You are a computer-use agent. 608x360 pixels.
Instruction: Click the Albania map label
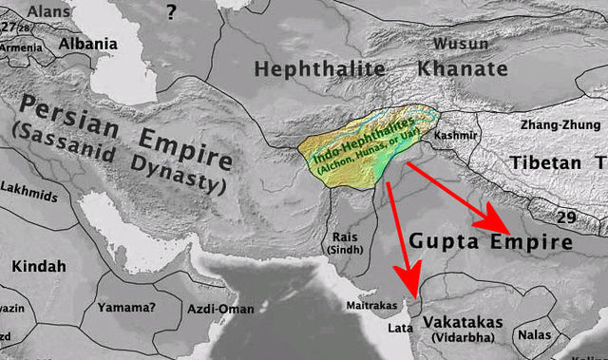click(88, 44)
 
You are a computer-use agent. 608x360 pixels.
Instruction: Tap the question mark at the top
click(171, 11)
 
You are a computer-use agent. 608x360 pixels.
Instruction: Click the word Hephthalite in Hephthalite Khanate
click(319, 68)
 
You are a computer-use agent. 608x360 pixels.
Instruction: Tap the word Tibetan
click(547, 162)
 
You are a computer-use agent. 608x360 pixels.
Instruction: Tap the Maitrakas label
click(370, 306)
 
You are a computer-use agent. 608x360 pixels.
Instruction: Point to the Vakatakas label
click(463, 323)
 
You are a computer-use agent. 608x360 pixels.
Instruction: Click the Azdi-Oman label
click(220, 310)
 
